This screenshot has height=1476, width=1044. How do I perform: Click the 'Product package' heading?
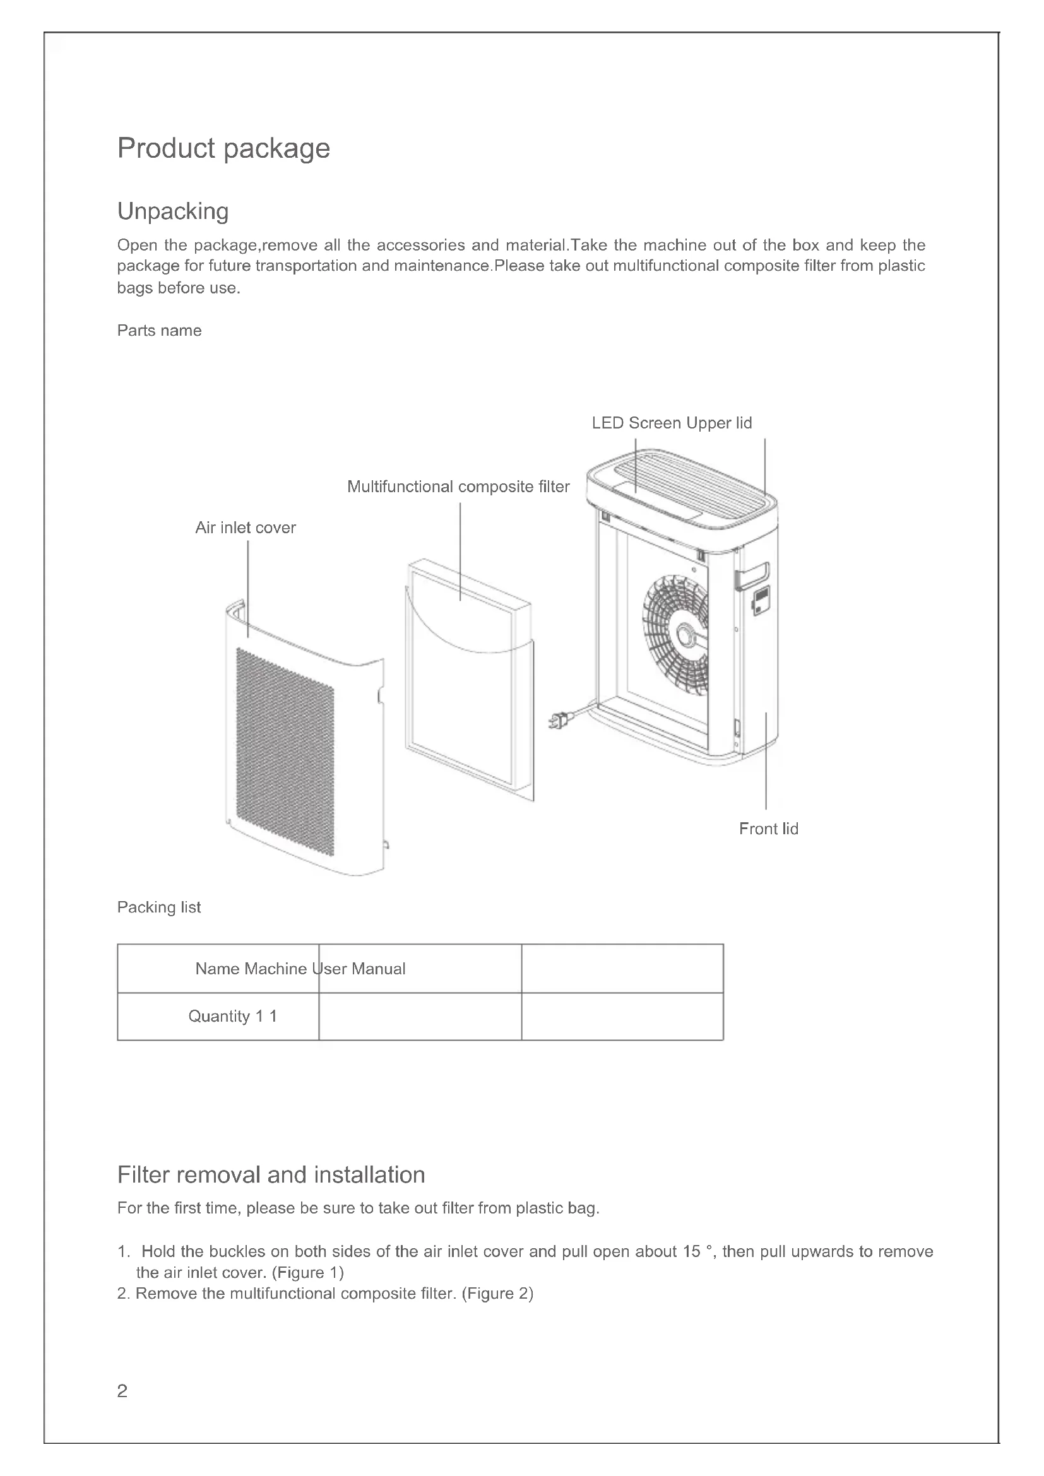point(223,148)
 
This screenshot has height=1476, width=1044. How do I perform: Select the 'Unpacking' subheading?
point(172,211)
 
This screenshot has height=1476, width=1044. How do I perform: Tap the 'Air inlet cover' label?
point(245,528)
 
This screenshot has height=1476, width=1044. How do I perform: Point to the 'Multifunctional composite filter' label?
point(458,487)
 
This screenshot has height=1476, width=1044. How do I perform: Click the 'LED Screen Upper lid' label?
point(671,423)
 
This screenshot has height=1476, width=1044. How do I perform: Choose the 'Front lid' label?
point(768,829)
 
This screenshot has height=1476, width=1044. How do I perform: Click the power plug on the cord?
point(557,721)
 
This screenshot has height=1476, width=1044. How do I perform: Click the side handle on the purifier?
point(753,576)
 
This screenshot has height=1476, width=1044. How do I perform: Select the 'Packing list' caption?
point(159,907)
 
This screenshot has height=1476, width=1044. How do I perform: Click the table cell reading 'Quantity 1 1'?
point(232,1017)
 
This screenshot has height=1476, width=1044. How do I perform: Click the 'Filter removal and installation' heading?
point(271,1175)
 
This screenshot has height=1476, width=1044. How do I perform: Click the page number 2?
point(122,1391)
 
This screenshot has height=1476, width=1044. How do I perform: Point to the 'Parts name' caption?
point(159,331)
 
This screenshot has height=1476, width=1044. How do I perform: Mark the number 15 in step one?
point(691,1251)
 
